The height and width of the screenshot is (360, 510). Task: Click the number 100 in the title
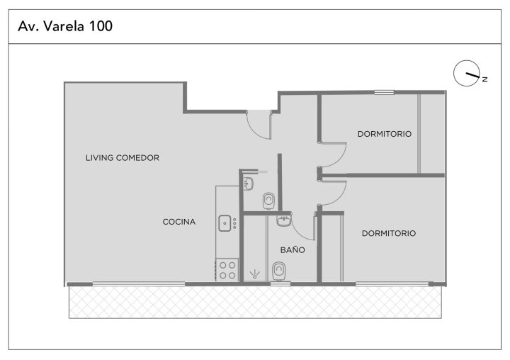[x=101, y=26]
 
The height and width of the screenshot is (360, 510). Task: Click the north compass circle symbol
[x=467, y=73]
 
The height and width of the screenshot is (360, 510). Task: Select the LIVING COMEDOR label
[x=123, y=158]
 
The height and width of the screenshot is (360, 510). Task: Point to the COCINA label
[x=179, y=222]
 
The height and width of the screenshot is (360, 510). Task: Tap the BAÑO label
[x=293, y=250]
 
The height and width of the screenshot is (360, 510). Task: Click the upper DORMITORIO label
[x=385, y=134]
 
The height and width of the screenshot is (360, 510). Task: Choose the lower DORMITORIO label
[x=389, y=233]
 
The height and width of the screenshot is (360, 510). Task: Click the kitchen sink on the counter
[x=225, y=224]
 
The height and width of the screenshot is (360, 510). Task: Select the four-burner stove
[x=227, y=270]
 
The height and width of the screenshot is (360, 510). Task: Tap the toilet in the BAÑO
[x=279, y=271]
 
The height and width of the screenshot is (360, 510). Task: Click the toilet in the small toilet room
[x=268, y=201]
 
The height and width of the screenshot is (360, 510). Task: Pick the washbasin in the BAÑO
[x=284, y=220]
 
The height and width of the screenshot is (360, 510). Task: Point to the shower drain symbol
[x=255, y=274]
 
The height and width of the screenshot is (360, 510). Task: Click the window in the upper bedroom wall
[x=384, y=92]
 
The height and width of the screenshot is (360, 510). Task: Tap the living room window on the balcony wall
[x=139, y=284]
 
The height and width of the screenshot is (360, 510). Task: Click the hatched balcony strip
[x=255, y=303]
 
